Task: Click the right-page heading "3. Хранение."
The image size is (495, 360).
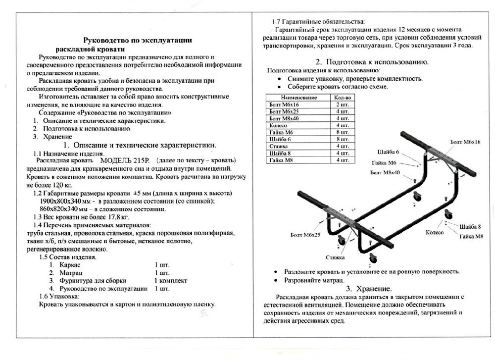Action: [369, 289]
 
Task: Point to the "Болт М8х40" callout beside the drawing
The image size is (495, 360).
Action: [385, 172]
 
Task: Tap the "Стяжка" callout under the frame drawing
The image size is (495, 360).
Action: [336, 258]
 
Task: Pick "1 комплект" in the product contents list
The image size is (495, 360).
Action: [171, 280]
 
